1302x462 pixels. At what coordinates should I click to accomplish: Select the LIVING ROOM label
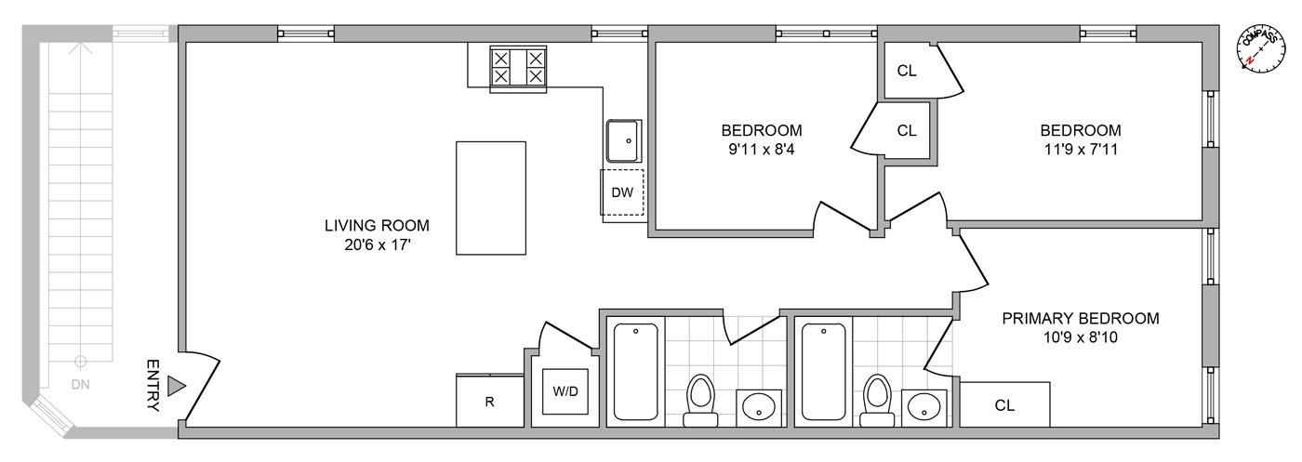pyautogui.click(x=377, y=225)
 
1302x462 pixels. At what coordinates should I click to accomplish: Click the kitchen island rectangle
pyautogui.click(x=491, y=198)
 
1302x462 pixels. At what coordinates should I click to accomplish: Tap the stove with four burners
pyautogui.click(x=519, y=68)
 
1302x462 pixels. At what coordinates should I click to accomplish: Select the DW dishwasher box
pyautogui.click(x=622, y=192)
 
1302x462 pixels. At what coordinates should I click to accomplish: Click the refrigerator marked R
pyautogui.click(x=489, y=401)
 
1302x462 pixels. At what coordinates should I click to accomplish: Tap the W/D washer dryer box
pyautogui.click(x=566, y=391)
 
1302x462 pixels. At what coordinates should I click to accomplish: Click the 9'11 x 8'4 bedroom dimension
pyautogui.click(x=762, y=148)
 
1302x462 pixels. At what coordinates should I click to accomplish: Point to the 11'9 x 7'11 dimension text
pyautogui.click(x=1080, y=148)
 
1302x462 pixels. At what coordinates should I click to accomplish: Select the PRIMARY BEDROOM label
pyautogui.click(x=1080, y=319)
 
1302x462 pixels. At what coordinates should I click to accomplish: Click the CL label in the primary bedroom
pyautogui.click(x=1004, y=405)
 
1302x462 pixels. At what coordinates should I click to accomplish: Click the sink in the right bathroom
pyautogui.click(x=923, y=405)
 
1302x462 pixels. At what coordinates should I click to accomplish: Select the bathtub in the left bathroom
pyautogui.click(x=637, y=371)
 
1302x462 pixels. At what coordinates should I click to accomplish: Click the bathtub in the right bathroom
pyautogui.click(x=825, y=371)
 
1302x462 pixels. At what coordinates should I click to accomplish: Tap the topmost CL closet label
pyautogui.click(x=908, y=71)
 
